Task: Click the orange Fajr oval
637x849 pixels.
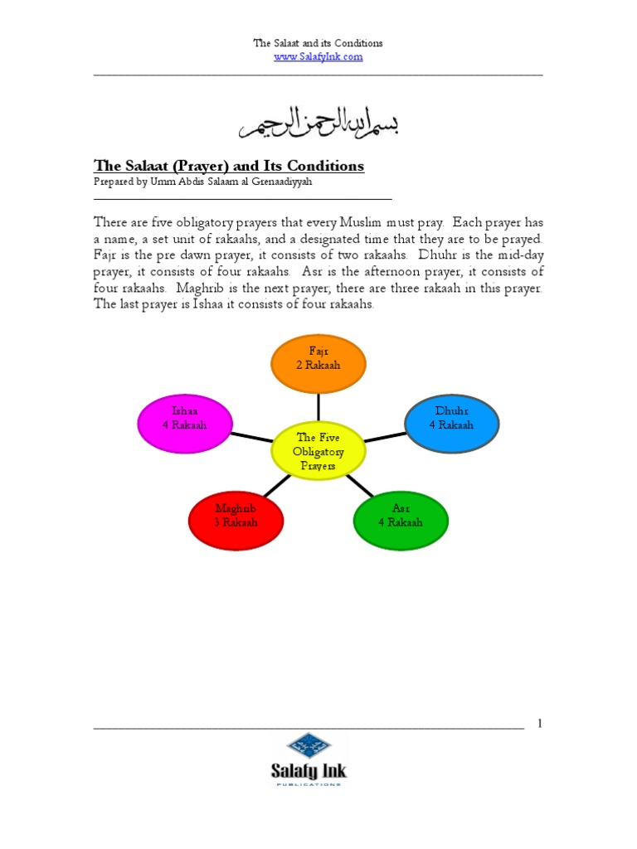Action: click(x=318, y=364)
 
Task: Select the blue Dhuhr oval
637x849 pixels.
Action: click(x=451, y=424)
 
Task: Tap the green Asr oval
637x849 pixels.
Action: click(x=401, y=520)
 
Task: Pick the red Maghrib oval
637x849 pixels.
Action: click(x=236, y=520)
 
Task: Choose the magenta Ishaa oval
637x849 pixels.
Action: click(x=184, y=424)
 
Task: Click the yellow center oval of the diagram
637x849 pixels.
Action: click(x=318, y=451)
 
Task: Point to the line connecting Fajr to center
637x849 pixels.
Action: click(x=318, y=406)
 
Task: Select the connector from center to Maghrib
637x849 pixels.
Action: click(x=278, y=486)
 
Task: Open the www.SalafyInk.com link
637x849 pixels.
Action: click(x=318, y=56)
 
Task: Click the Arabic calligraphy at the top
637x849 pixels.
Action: click(x=318, y=123)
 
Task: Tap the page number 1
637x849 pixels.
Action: click(x=539, y=724)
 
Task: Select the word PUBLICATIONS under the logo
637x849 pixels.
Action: click(x=309, y=784)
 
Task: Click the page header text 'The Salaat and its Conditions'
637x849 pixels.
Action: click(x=318, y=43)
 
